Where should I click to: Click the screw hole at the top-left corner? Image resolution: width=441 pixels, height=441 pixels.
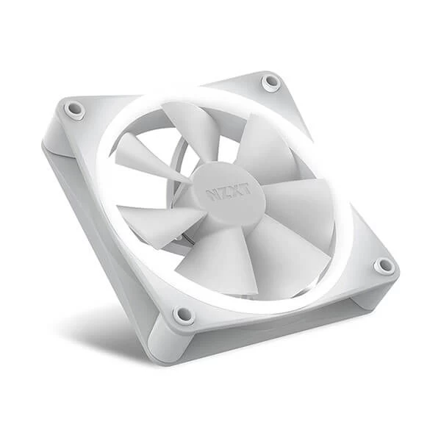click(x=74, y=109)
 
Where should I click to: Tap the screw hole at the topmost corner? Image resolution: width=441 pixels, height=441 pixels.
click(x=271, y=82)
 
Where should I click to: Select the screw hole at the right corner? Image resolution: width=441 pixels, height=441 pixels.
click(x=384, y=265)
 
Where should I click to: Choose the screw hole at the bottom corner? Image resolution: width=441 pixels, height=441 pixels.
click(x=183, y=315)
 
